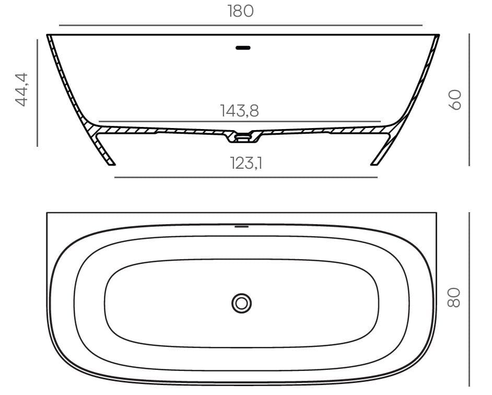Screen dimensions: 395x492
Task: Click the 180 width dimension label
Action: (x=240, y=11)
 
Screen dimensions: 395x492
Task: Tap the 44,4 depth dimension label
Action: (x=21, y=89)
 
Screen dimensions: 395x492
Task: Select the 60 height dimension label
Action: (x=455, y=99)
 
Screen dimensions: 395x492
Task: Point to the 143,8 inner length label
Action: (x=239, y=111)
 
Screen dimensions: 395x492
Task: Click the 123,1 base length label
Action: (x=246, y=164)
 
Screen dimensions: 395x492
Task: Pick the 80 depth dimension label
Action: (x=454, y=297)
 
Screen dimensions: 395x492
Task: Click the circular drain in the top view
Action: (x=241, y=303)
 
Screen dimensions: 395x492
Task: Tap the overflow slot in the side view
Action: (x=243, y=48)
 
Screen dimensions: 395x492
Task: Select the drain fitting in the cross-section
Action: (x=243, y=137)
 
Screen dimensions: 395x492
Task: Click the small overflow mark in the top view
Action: (x=241, y=226)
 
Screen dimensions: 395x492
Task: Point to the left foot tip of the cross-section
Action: (x=111, y=164)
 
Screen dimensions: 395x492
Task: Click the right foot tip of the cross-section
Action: (x=374, y=164)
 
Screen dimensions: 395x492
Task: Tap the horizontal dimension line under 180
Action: (x=240, y=25)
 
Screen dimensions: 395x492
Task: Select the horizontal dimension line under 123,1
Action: (x=245, y=177)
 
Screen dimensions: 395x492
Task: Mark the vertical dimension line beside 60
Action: (x=469, y=99)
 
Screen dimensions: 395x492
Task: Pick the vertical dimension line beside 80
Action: (x=469, y=297)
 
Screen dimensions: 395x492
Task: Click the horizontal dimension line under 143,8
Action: (x=239, y=121)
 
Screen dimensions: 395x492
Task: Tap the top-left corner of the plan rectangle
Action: (x=48, y=213)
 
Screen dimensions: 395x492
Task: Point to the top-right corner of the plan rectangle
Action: (x=436, y=213)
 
